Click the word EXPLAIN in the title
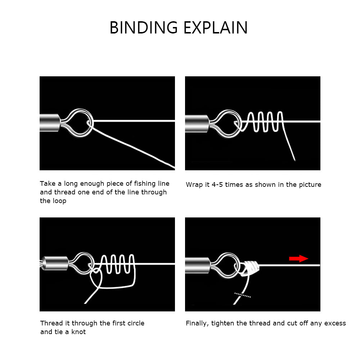215,28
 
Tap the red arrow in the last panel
298,258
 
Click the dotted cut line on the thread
242,295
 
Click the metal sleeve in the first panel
50,122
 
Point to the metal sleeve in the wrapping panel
197,123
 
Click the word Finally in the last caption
197,323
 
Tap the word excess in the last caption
335,323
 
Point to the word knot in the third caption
78,332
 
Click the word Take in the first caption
47,184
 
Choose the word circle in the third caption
134,323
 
